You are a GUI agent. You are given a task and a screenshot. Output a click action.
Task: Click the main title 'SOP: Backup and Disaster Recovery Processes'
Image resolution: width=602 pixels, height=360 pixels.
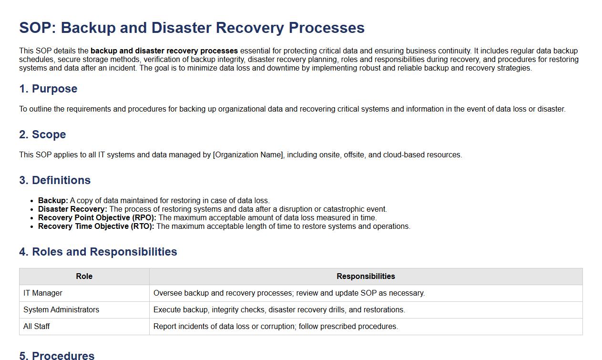[192, 28]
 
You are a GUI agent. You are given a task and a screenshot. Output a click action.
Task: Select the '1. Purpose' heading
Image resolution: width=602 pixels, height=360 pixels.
[48, 89]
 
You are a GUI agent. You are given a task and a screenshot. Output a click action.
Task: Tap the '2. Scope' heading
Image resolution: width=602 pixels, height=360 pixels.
[42, 134]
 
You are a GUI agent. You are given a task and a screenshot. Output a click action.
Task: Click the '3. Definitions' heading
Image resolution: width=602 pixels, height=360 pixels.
[55, 180]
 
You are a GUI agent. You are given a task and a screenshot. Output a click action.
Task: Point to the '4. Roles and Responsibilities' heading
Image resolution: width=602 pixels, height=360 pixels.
[98, 252]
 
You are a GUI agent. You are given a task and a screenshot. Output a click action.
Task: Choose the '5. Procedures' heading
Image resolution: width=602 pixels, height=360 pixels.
[57, 355]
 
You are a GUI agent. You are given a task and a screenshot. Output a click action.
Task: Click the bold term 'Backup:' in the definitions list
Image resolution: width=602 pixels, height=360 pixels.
[53, 200]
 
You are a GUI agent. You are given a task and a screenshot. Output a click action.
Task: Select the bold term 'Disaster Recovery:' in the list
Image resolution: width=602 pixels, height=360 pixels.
[72, 209]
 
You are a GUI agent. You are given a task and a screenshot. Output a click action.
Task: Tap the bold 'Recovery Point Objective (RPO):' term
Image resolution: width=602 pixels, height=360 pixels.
[97, 217]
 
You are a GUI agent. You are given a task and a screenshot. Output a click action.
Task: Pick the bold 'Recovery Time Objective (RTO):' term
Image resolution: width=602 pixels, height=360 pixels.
[96, 226]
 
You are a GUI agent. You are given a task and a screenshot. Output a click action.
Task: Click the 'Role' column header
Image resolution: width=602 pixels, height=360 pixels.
[84, 277]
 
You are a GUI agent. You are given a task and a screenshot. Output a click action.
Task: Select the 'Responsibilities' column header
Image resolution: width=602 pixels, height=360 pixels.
[366, 277]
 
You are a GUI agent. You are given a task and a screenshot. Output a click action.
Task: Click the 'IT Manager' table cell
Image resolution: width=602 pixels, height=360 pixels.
[43, 293]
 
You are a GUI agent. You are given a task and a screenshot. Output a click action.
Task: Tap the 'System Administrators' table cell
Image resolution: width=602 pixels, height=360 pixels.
[61, 310]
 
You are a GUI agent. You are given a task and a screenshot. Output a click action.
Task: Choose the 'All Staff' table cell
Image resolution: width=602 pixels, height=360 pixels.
[37, 327]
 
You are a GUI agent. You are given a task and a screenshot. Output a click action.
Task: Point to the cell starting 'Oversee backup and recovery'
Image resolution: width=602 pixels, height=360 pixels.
[289, 293]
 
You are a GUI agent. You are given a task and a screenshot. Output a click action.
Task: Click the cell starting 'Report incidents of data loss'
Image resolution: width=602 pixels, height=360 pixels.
[275, 327]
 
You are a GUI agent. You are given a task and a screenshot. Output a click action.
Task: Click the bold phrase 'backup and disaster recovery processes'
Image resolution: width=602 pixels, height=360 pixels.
[164, 51]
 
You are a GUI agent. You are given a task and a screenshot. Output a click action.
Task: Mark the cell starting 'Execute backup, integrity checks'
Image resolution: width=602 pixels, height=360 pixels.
[279, 310]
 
